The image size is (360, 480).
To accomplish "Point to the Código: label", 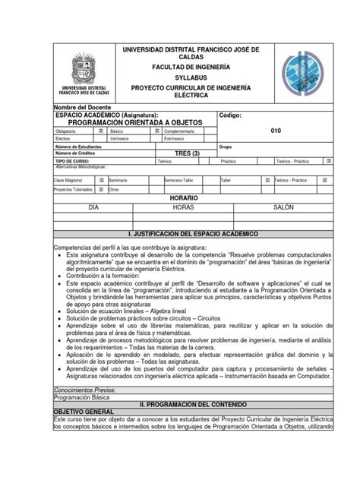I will pyautogui.click(x=230, y=115).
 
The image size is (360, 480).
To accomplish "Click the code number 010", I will pyautogui.click(x=275, y=130).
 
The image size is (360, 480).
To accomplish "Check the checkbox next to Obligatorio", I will pyautogui.click(x=102, y=131).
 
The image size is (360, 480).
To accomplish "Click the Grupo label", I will pyautogui.click(x=226, y=147).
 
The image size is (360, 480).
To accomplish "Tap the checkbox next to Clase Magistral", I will pyautogui.click(x=102, y=180).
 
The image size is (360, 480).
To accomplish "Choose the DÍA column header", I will pyautogui.click(x=94, y=207).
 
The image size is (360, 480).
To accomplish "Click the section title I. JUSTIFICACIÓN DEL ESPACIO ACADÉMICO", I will pyautogui.click(x=194, y=235).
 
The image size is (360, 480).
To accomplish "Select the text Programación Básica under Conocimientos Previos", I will pyautogui.click(x=82, y=397).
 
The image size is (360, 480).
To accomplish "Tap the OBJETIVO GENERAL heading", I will pyautogui.click(x=87, y=411).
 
